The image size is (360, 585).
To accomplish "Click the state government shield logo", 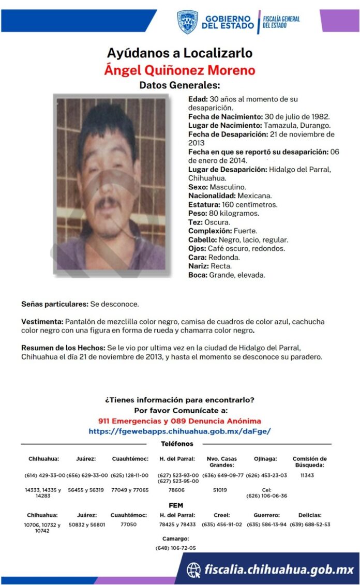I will coord(187,22).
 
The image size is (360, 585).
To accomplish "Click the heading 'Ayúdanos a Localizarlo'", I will coord(179,53).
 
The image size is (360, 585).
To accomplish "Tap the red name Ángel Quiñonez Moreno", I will coord(179,70).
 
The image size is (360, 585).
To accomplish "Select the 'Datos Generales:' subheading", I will coord(179,85).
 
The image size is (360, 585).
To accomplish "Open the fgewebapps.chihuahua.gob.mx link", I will coord(179,431).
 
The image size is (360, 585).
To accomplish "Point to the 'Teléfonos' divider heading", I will coord(177,444).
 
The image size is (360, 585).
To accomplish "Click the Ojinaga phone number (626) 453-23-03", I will coord(266,475).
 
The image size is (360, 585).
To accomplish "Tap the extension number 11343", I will coord(307,475).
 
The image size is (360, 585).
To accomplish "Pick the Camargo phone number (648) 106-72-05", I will coord(175,548).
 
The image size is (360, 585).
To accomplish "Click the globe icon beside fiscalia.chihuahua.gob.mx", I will coord(194,569).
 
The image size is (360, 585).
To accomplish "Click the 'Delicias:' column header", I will coord(309,515).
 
